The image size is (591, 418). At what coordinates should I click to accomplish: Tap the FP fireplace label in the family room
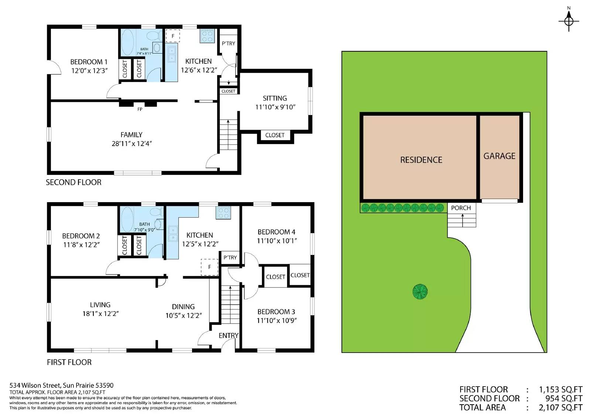[140, 109]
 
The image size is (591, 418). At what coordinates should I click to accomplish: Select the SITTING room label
[275, 98]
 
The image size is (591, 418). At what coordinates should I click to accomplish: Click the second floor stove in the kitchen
[207, 36]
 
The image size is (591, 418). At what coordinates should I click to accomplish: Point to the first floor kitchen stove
[223, 213]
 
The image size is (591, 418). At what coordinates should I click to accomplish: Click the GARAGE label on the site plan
[499, 156]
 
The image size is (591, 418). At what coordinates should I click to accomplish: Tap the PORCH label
[461, 208]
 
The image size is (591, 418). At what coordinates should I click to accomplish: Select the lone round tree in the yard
[420, 292]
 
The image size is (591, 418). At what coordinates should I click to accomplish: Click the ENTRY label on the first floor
[229, 336]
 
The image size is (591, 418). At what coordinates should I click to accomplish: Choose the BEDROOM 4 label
[277, 232]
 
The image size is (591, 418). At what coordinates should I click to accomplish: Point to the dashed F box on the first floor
[209, 267]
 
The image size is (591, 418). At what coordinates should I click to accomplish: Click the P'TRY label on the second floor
[229, 44]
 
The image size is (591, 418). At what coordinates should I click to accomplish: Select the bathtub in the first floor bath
[127, 220]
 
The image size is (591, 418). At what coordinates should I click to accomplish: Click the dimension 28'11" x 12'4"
[131, 144]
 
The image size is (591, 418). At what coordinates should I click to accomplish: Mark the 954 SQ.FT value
[564, 398]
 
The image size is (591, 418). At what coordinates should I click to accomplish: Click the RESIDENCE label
[421, 160]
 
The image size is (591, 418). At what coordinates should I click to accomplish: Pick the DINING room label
[183, 307]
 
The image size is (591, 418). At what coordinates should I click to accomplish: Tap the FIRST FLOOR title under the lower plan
[69, 362]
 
